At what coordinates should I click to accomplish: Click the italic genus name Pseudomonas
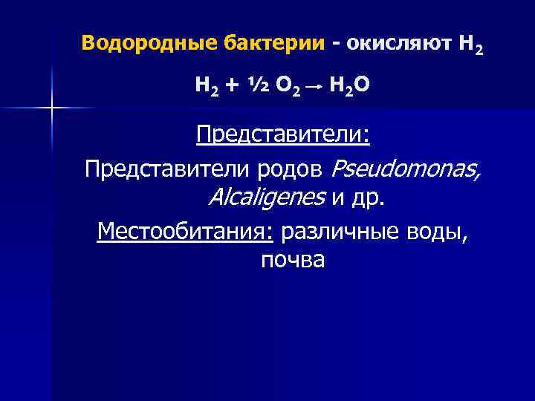pyautogui.click(x=405, y=169)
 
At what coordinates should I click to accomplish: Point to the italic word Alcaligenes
pyautogui.click(x=267, y=198)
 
